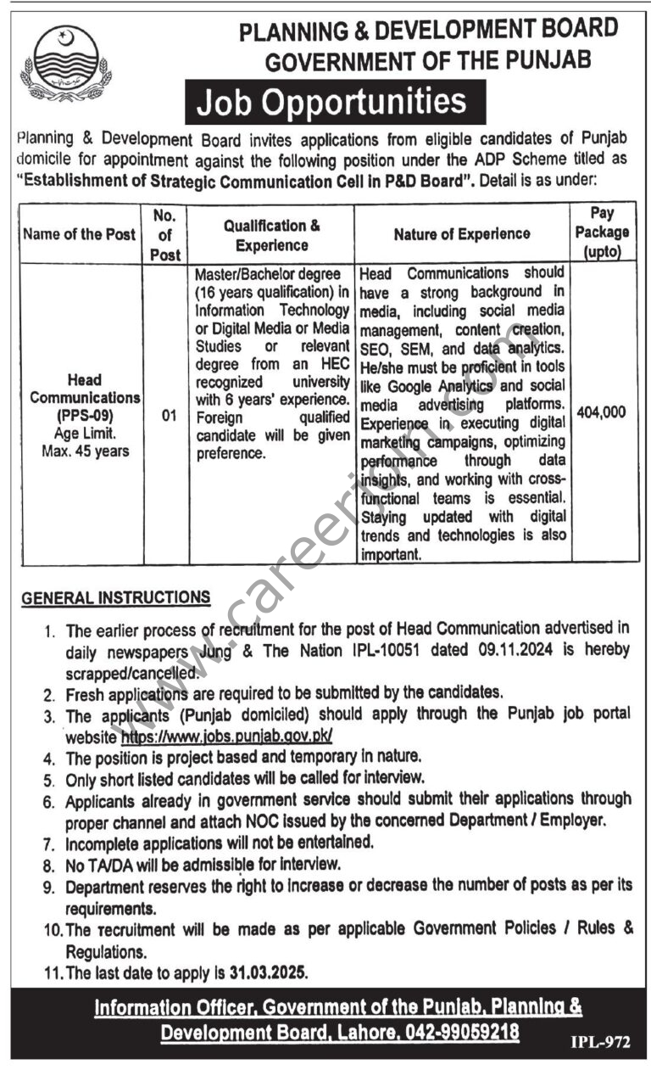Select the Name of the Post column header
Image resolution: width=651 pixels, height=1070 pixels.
pyautogui.click(x=79, y=234)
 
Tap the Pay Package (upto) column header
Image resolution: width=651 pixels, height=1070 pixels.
pyautogui.click(x=606, y=232)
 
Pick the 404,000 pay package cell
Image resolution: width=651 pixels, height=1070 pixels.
pyautogui.click(x=601, y=412)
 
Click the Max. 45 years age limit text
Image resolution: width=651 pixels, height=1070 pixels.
pyautogui.click(x=85, y=451)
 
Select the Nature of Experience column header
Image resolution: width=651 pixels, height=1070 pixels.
pyautogui.click(x=462, y=234)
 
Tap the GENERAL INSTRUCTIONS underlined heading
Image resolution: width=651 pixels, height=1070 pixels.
pyautogui.click(x=116, y=598)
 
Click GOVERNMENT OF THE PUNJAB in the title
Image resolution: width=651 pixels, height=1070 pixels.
pyautogui.click(x=428, y=60)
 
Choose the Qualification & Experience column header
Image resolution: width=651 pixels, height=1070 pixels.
pyautogui.click(x=271, y=234)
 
